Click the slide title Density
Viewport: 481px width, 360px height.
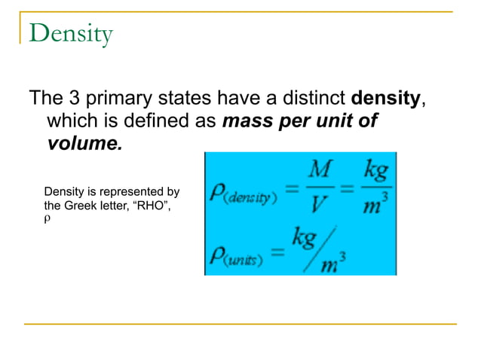click(72, 34)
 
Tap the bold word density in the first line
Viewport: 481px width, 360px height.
click(386, 99)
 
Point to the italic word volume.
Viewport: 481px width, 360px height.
click(84, 143)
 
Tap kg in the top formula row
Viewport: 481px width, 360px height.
click(375, 171)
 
